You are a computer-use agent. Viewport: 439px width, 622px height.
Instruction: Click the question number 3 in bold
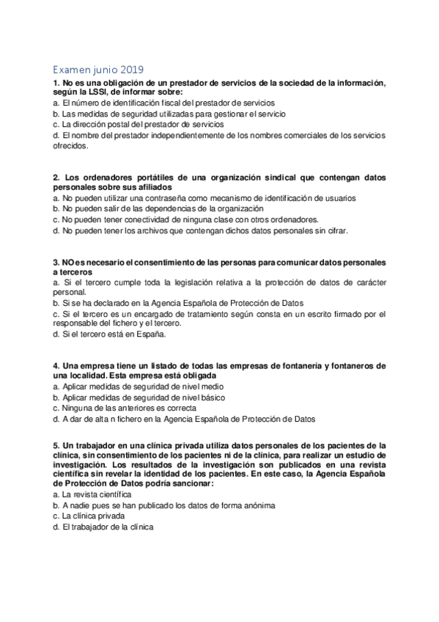(56, 263)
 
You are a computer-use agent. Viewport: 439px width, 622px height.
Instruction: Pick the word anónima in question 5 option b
(256, 506)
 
